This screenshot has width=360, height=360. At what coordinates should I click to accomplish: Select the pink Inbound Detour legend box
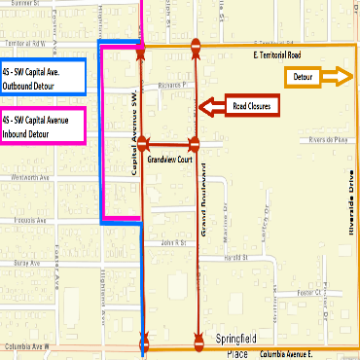click(43, 125)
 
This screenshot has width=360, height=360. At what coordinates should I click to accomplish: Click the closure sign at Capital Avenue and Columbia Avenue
click(145, 342)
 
